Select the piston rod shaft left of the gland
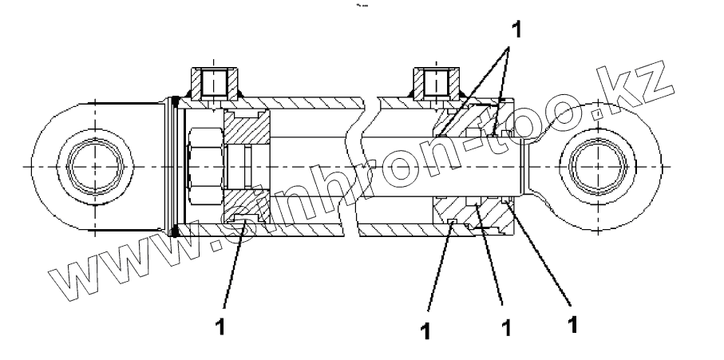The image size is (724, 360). tap(399, 165)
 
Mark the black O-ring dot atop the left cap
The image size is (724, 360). tap(174, 101)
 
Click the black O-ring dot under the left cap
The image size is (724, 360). tap(174, 231)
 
